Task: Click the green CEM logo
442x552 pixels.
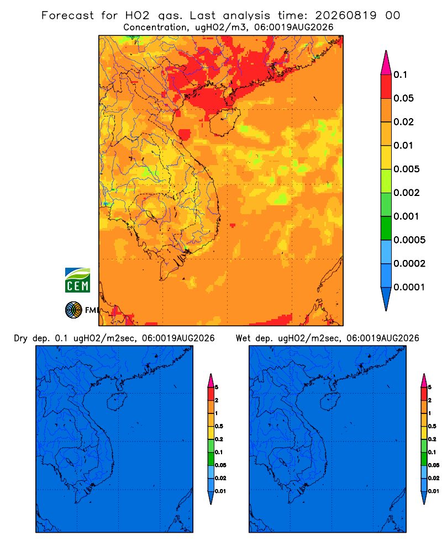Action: pyautogui.click(x=77, y=280)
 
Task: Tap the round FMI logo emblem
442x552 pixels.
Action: pyautogui.click(x=73, y=310)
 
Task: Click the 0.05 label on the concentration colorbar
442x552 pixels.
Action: pyautogui.click(x=403, y=98)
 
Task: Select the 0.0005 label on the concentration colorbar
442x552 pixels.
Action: pyautogui.click(x=409, y=240)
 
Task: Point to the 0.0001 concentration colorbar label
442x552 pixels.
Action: pyautogui.click(x=409, y=287)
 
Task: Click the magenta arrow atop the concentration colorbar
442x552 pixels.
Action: pyautogui.click(x=386, y=62)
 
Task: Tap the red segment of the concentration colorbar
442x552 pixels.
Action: pyautogui.click(x=386, y=87)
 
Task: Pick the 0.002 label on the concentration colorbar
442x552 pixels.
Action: pyautogui.click(x=407, y=193)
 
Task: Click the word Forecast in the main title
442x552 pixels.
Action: pyautogui.click(x=67, y=15)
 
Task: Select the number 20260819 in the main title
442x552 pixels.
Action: pyautogui.click(x=346, y=15)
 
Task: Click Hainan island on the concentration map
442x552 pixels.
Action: pyautogui.click(x=224, y=121)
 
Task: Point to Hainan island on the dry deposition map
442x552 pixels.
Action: pyautogui.click(x=117, y=402)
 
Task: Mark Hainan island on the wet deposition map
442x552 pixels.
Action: pyautogui.click(x=330, y=402)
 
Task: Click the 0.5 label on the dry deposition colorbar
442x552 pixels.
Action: pyautogui.click(x=219, y=426)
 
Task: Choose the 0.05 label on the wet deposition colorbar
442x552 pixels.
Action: pyautogui.click(x=434, y=465)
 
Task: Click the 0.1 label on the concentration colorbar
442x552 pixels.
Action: pyautogui.click(x=401, y=75)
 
